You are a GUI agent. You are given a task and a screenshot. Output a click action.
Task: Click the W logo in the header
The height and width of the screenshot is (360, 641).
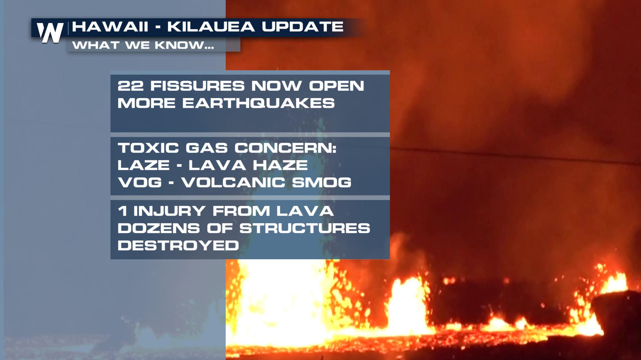[x=50, y=33]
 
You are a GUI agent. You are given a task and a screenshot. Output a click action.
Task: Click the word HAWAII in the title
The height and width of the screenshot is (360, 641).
[x=110, y=27]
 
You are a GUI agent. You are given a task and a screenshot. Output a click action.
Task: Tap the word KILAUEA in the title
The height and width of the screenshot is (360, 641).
[x=211, y=27]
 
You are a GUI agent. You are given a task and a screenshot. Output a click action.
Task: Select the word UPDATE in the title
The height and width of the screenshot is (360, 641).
[x=302, y=27]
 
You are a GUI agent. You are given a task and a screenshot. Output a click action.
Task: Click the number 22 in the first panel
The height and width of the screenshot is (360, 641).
[x=131, y=86]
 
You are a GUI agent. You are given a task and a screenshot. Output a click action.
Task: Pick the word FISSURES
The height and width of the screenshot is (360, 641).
[x=197, y=86]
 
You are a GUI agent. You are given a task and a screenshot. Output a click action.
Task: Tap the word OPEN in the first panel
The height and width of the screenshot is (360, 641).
[x=337, y=86]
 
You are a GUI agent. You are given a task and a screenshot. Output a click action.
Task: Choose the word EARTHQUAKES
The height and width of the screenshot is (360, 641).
[x=258, y=103]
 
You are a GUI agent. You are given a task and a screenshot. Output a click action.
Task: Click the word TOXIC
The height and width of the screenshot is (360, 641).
[x=148, y=148]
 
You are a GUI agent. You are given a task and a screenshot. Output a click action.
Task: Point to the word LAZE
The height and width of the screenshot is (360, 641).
[x=144, y=165]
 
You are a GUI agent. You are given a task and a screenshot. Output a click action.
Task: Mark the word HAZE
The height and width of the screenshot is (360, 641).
[x=280, y=165]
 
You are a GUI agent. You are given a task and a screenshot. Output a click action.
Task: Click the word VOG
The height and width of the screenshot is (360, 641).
[x=140, y=183]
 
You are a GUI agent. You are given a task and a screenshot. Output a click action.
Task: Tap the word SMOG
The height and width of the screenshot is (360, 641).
[x=322, y=183]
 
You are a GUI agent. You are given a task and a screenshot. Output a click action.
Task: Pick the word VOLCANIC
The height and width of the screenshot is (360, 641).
[x=233, y=183]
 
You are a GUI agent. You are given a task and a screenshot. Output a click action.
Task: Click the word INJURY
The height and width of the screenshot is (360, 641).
[x=169, y=211]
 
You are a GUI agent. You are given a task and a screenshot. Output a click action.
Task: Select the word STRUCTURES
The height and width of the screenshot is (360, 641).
[x=305, y=228]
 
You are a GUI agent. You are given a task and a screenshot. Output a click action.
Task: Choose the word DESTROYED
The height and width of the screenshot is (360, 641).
[x=178, y=246]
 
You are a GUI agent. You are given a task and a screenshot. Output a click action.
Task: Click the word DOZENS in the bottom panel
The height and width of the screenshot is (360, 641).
[x=159, y=228]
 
